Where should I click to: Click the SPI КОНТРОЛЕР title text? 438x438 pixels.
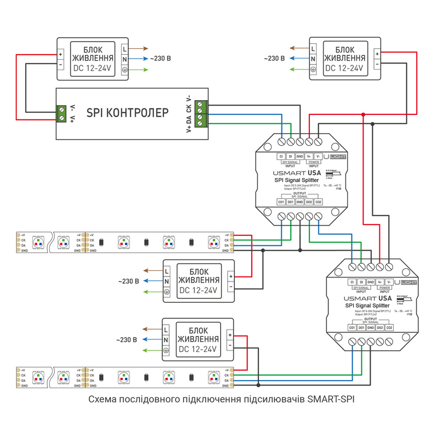pos(128,113)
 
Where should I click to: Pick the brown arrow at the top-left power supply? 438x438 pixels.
pos(140,48)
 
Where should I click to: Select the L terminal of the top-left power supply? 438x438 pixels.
pos(125,48)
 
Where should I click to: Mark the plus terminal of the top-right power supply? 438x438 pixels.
pos(377,54)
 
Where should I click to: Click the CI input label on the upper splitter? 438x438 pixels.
pos(281,157)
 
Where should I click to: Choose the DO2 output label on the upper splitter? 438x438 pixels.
pos(309,202)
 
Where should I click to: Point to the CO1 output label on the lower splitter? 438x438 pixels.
pos(352,327)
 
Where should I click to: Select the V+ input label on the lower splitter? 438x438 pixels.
pos(380,282)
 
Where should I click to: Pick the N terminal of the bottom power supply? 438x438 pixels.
pos(165,340)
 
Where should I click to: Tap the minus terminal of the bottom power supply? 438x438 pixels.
pos(230,346)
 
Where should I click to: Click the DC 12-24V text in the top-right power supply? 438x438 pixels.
pos(344,69)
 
